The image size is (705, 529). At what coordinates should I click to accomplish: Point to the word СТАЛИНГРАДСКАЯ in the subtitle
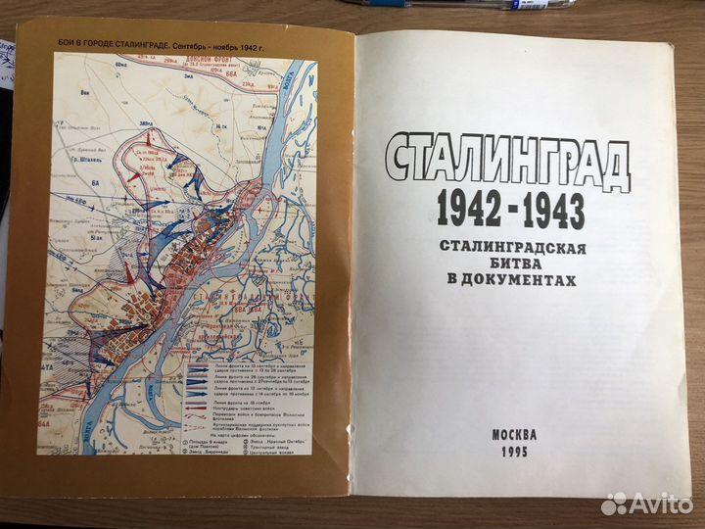(505, 246)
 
